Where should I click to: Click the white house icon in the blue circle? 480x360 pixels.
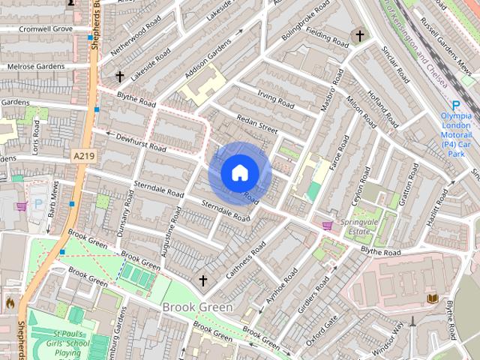point(239,172)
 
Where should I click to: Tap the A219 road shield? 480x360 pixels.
point(83,155)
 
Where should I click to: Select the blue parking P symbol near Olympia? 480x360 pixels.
point(456,106)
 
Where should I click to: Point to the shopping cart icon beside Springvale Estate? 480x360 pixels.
point(328,225)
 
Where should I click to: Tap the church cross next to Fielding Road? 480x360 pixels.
point(359,35)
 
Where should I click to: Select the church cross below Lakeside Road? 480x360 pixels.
point(119,76)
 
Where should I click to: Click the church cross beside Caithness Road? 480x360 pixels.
point(202,280)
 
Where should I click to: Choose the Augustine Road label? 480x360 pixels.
point(171,241)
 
